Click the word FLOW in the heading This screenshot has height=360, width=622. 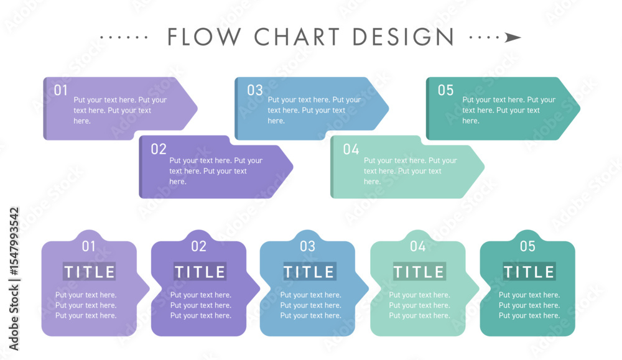204,37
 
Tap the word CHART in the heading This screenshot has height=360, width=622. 297,37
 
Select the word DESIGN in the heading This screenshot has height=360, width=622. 403,37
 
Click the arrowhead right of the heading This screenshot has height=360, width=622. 513,38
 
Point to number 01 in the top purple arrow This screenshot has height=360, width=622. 61,90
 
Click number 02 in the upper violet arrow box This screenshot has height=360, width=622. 158,149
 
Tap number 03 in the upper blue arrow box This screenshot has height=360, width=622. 254,90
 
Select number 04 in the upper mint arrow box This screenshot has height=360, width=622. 351,149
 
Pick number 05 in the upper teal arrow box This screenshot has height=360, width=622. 445,90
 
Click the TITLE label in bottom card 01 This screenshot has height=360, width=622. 89,272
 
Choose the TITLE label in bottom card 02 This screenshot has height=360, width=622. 200,272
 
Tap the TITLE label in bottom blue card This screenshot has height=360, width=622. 310,272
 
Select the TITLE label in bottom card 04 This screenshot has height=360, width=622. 419,272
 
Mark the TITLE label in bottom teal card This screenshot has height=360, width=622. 529,272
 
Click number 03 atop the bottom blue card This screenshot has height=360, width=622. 307,246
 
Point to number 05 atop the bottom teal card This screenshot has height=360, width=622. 527,246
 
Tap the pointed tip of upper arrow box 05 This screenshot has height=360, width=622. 580,108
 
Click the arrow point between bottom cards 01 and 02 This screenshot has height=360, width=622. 149,289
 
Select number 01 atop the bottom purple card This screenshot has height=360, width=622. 88,246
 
